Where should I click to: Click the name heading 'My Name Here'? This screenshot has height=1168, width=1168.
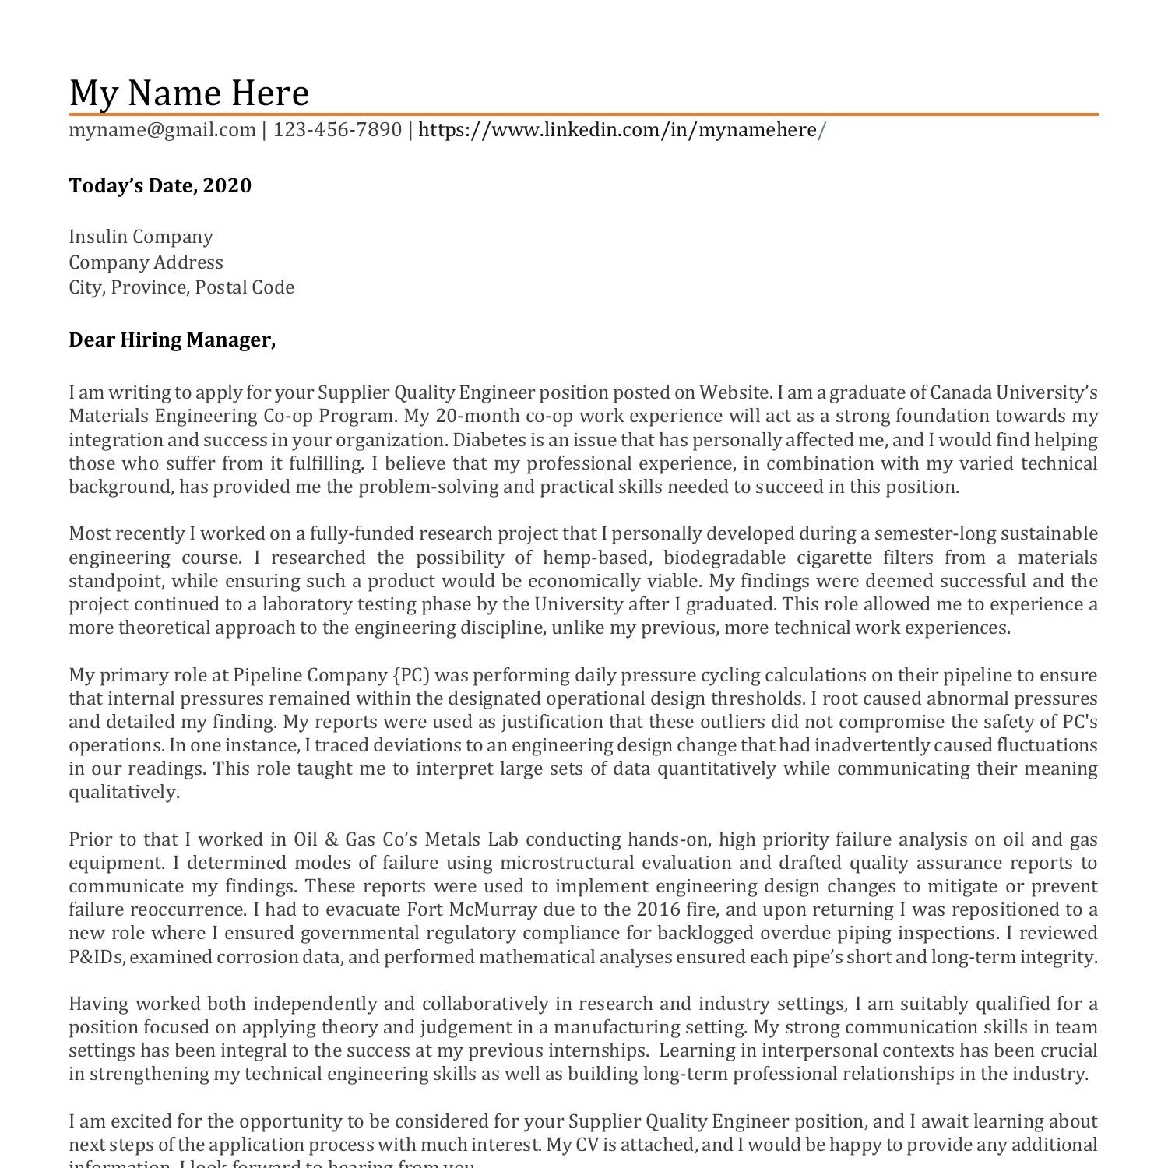click(x=189, y=93)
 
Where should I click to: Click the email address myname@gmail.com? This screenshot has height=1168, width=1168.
click(x=162, y=129)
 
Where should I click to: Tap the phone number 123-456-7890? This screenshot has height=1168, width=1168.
click(x=337, y=129)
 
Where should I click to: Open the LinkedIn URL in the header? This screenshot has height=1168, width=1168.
click(x=621, y=129)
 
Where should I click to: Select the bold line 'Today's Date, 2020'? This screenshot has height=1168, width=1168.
click(x=160, y=185)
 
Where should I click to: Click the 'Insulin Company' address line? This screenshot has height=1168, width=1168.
click(x=141, y=236)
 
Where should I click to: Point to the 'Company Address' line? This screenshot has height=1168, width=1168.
click(x=146, y=262)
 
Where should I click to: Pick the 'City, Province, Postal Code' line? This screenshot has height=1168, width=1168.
click(x=181, y=287)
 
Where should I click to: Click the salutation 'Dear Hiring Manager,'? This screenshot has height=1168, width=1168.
click(x=172, y=339)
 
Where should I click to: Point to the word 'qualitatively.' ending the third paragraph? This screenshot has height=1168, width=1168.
click(x=124, y=792)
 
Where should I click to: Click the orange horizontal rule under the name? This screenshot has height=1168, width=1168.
click(x=584, y=114)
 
